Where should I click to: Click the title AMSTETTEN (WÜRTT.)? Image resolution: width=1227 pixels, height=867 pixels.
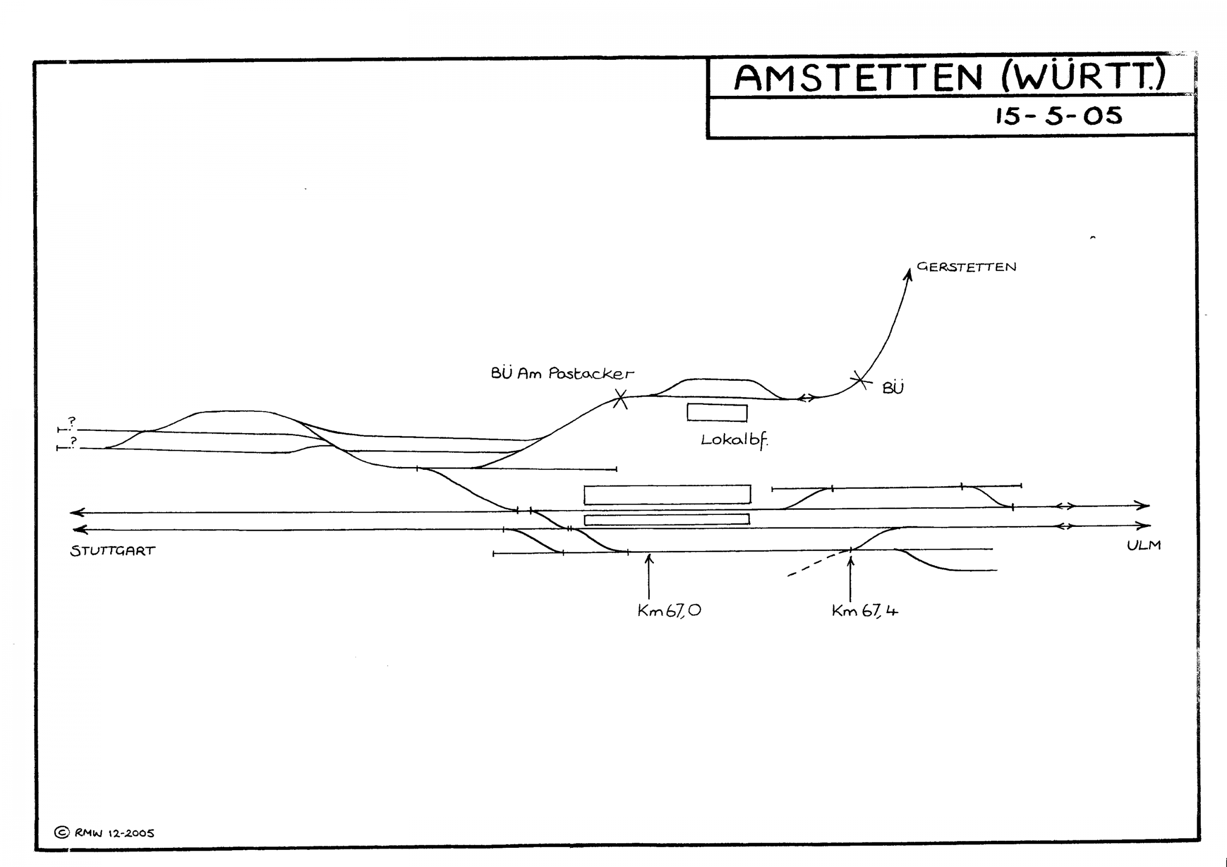(949, 77)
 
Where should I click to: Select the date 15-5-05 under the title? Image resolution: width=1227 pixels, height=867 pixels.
(1058, 116)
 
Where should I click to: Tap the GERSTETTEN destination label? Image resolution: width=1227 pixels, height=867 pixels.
(966, 267)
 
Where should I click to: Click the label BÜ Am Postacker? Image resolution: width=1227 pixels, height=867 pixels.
(562, 374)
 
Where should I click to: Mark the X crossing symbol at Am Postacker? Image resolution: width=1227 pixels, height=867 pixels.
(620, 399)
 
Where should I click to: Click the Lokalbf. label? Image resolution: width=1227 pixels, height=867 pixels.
(734, 441)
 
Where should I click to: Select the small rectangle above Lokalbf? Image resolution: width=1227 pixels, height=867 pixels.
(717, 413)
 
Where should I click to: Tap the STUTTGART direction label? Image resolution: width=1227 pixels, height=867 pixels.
(113, 551)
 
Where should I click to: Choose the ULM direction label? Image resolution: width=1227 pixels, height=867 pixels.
(1144, 546)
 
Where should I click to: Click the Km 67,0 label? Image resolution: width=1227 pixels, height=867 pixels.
(669, 611)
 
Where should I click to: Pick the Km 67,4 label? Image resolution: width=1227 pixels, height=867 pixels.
(865, 611)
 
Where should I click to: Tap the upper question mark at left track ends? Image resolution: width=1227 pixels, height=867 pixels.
(72, 422)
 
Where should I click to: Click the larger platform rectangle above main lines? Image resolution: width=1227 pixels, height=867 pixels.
(667, 495)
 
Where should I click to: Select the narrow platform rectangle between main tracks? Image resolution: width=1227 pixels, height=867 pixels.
(666, 520)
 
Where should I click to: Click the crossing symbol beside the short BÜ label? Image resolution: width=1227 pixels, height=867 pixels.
(859, 380)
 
